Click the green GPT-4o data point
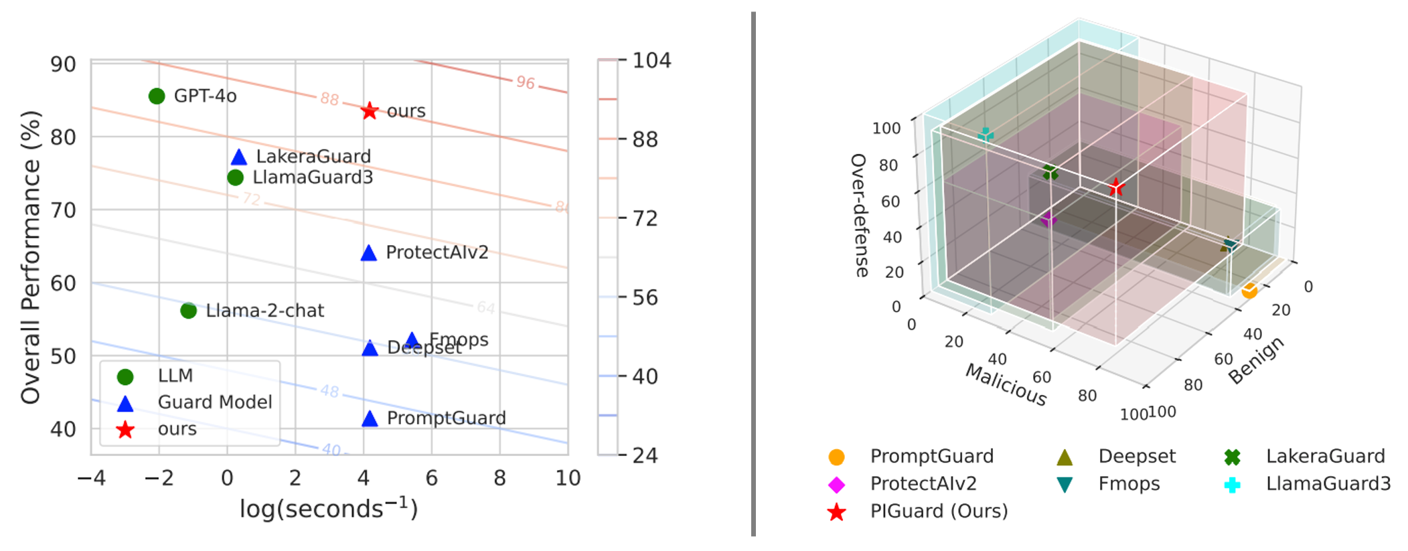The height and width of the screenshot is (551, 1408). pos(157,96)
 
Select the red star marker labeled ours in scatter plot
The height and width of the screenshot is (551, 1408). pos(370,111)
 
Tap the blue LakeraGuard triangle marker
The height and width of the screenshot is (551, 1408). pos(239,157)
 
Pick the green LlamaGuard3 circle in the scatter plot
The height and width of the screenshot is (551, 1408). pos(235,177)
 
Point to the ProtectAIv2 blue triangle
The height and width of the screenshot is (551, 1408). pos(369,253)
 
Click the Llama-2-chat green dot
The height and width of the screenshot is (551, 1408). pos(189,311)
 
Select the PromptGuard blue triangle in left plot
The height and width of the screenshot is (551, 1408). pos(370,419)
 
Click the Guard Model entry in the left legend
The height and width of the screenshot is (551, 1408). pos(214,402)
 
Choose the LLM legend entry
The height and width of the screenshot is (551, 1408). pos(175,376)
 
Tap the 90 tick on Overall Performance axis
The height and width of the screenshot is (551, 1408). pos(64,64)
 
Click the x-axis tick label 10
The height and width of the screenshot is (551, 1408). pos(568,478)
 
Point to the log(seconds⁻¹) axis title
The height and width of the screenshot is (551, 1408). pos(329,509)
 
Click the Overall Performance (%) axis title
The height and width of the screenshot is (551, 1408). pos(31,257)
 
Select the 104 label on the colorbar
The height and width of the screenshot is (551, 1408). pos(651,61)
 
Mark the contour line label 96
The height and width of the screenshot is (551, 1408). pos(526,82)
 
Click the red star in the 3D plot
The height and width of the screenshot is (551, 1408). pos(1115,187)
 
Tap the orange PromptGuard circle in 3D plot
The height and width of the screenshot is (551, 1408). pos(1249,291)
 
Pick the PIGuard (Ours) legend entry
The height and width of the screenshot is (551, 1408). pos(939,511)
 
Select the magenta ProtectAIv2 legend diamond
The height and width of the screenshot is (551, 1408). pos(836,485)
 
